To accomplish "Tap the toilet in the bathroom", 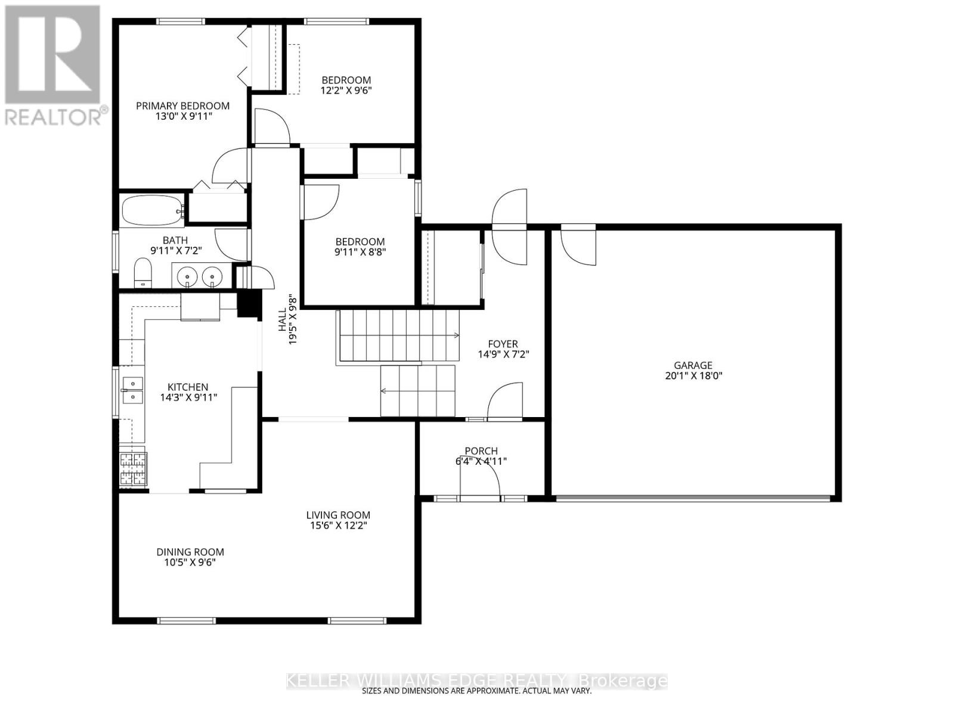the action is (142, 273).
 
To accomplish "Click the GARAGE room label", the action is (693, 365).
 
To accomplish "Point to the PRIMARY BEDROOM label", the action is (182, 105).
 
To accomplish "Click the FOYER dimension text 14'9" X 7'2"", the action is (503, 355).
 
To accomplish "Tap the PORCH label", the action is (481, 450).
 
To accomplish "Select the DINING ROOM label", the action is (190, 552).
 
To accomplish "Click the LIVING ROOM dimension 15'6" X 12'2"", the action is (338, 526).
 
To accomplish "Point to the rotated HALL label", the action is (282, 320).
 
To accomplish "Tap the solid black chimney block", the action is (250, 303).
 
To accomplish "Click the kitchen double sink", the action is (133, 390).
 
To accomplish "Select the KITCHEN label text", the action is (188, 387).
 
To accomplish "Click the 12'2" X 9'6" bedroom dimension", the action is (346, 91).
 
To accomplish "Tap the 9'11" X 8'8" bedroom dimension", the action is (360, 252).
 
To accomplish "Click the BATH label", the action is (175, 240).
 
